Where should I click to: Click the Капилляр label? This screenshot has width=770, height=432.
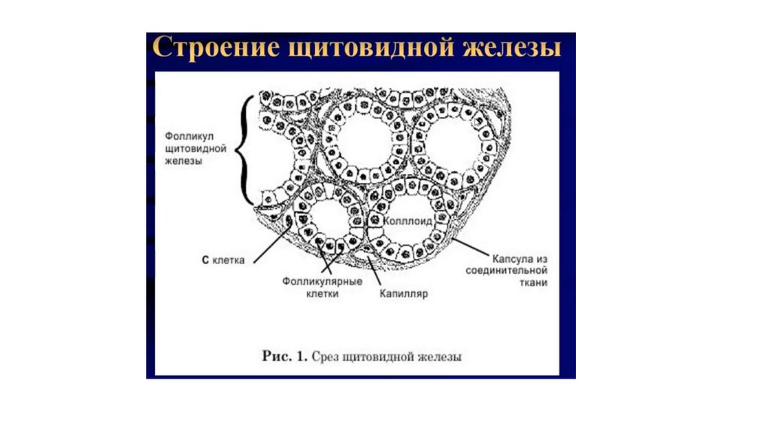405,294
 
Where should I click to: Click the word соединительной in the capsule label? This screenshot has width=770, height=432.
506,269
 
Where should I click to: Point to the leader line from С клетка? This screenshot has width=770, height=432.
272,242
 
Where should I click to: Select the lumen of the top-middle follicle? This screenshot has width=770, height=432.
364,141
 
